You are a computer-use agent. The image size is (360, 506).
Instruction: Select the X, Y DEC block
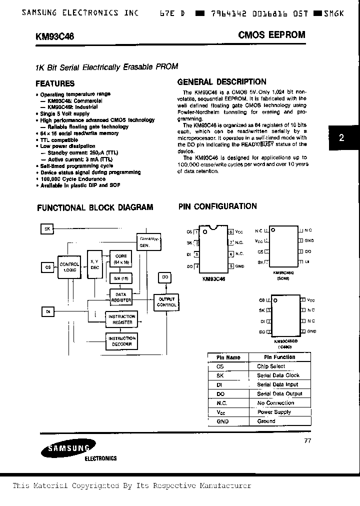(x=94, y=264)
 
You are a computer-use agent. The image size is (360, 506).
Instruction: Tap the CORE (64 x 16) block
(x=121, y=259)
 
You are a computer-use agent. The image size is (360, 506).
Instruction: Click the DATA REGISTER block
(x=121, y=297)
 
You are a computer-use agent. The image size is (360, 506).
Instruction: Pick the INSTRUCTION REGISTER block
(x=122, y=319)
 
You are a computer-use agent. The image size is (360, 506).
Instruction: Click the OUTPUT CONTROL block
(x=166, y=302)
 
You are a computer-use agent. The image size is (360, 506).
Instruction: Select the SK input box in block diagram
(x=48, y=228)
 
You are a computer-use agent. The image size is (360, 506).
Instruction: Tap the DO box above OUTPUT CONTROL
(x=165, y=277)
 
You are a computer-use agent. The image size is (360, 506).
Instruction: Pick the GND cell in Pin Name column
(x=222, y=421)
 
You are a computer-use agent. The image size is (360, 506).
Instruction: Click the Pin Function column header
(x=279, y=357)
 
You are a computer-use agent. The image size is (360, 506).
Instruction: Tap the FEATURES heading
(x=55, y=83)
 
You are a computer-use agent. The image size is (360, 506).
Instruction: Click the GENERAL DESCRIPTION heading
(x=222, y=82)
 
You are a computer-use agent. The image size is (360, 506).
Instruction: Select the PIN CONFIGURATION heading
(x=217, y=206)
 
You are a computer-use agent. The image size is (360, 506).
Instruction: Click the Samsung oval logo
(x=68, y=449)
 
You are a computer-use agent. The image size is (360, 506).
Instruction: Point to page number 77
(x=307, y=440)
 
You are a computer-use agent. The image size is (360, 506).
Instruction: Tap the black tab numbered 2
(x=342, y=138)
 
